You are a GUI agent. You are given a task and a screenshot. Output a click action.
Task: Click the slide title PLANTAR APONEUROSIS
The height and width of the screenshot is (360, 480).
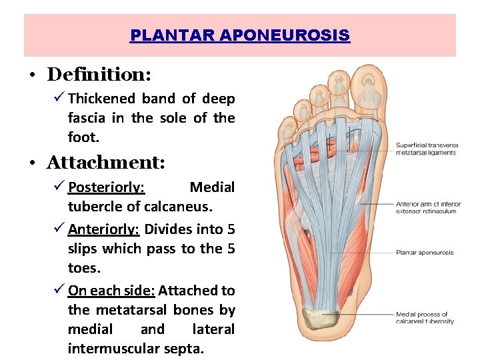point(240,35)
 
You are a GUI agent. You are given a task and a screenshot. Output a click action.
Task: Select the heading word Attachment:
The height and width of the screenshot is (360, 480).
point(106,162)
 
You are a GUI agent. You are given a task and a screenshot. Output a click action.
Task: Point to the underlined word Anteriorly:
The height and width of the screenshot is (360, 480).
point(103,229)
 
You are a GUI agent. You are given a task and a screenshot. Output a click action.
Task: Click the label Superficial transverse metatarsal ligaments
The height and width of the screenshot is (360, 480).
point(425,149)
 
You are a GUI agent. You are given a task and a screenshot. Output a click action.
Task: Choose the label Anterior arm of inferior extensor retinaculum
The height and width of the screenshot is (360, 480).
point(425,207)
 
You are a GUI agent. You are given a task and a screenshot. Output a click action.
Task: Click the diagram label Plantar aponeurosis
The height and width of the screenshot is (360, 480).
point(424,253)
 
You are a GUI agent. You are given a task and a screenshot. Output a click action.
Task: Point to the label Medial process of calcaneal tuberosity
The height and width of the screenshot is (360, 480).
point(425,317)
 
